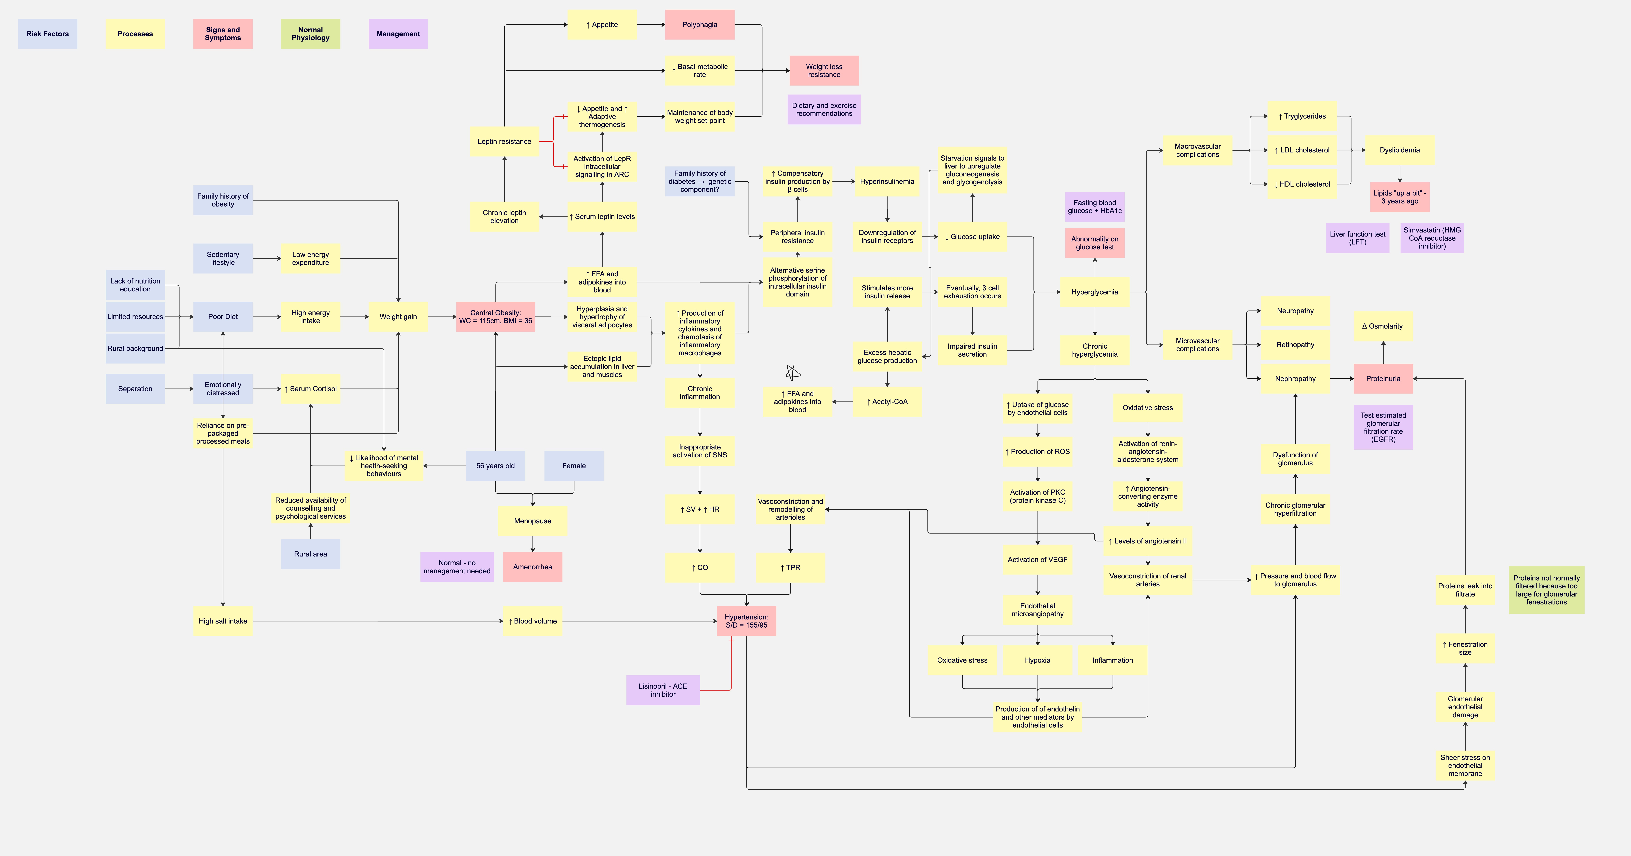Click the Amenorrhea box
[x=533, y=567]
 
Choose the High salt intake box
[x=223, y=621]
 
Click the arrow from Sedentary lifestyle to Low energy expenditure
[x=267, y=258]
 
